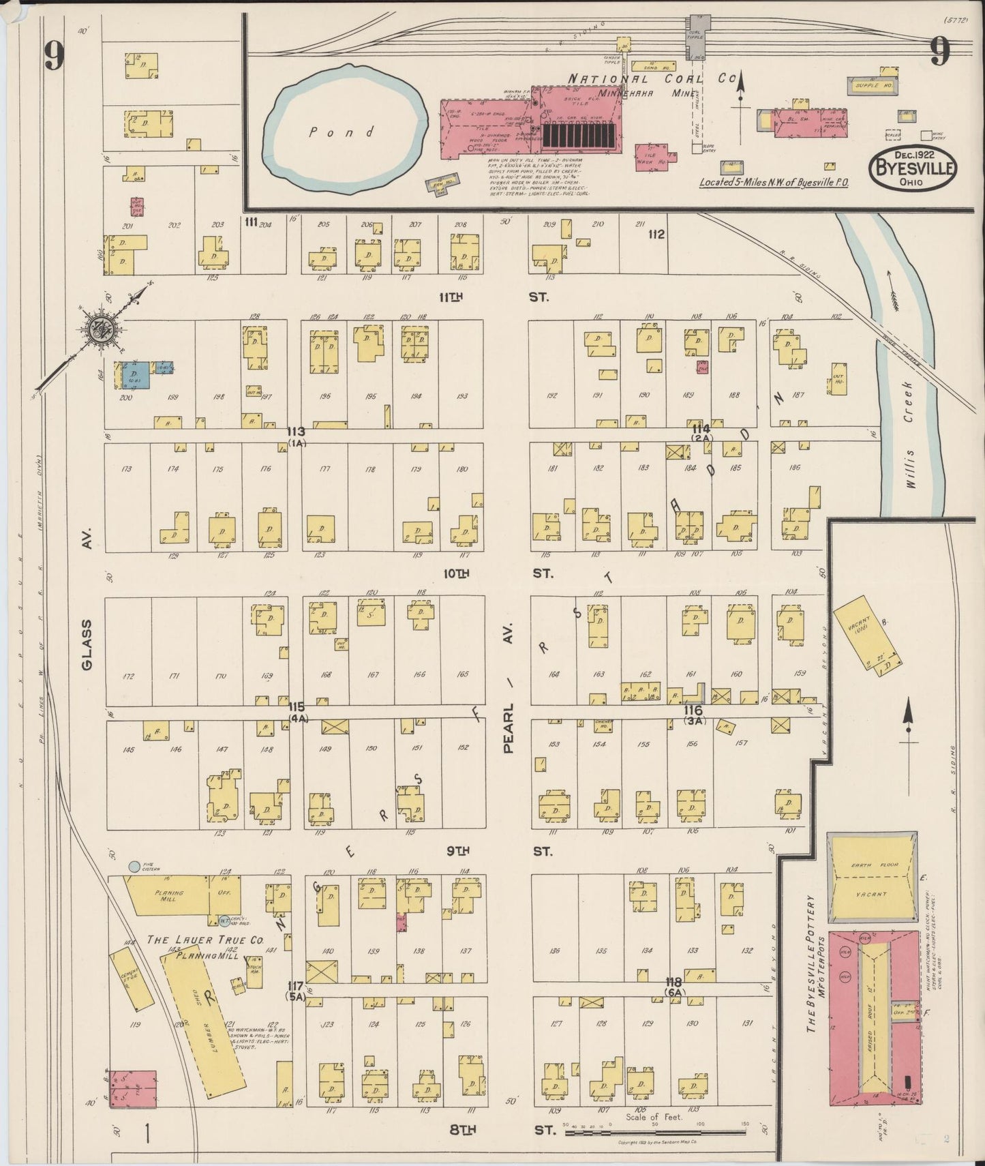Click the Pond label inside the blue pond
342,132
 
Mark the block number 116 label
693,711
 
